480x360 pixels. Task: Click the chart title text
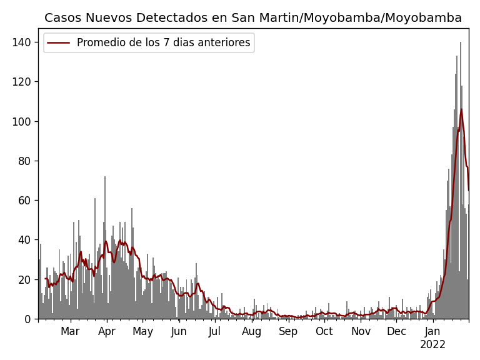(253, 18)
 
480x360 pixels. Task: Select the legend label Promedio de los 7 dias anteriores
(163, 43)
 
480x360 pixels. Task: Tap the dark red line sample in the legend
(59, 43)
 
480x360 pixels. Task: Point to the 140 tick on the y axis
(24, 42)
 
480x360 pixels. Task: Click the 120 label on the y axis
(24, 82)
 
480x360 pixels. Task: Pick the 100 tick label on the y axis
(24, 121)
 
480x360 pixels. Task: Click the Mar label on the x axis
(70, 331)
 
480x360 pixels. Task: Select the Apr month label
(107, 331)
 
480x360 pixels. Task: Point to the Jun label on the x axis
(179, 331)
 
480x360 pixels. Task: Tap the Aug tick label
(252, 331)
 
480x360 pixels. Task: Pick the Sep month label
(288, 331)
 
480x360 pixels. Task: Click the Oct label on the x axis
(324, 331)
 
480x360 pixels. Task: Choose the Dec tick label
(396, 331)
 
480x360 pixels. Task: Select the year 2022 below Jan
(432, 345)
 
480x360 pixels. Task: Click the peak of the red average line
(461, 110)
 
